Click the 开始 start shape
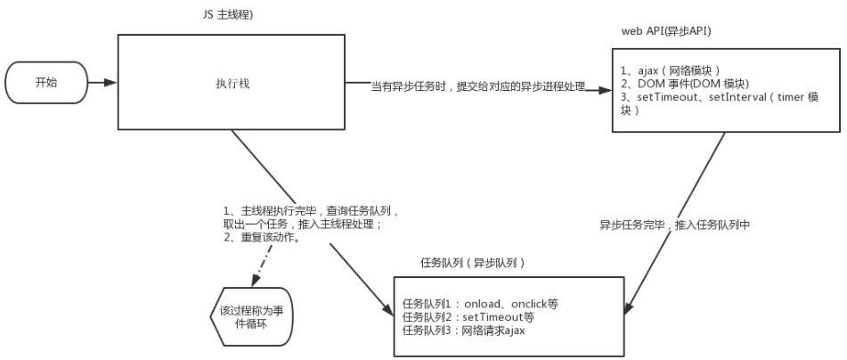pyautogui.click(x=46, y=83)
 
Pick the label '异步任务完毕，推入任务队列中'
pyautogui.click(x=675, y=225)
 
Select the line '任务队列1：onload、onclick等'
pyautogui.click(x=480, y=304)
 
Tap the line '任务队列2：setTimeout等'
pyautogui.click(x=468, y=317)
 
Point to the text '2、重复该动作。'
pyautogui.click(x=262, y=239)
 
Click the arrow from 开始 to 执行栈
pyautogui.click(x=102, y=83)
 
